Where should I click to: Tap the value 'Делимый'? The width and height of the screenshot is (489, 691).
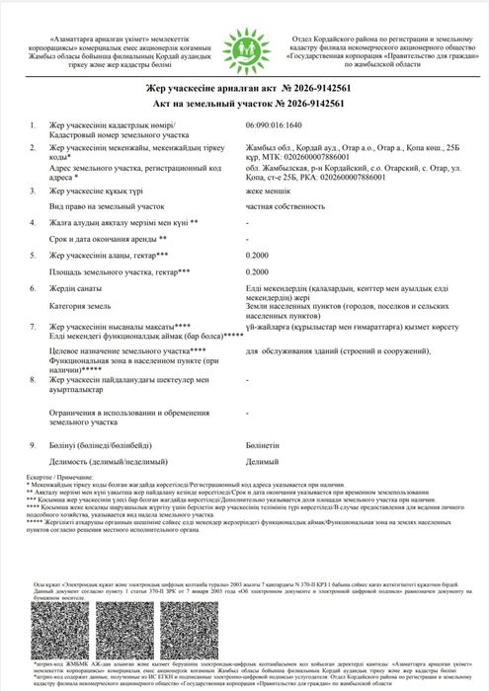point(261,462)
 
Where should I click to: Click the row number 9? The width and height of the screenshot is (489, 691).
point(34,446)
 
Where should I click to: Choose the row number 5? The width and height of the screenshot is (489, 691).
point(34,254)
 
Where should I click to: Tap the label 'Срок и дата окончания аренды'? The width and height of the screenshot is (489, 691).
point(111,239)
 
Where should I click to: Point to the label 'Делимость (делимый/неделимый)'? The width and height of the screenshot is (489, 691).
point(107,462)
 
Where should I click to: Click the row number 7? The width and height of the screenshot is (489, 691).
point(34,325)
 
